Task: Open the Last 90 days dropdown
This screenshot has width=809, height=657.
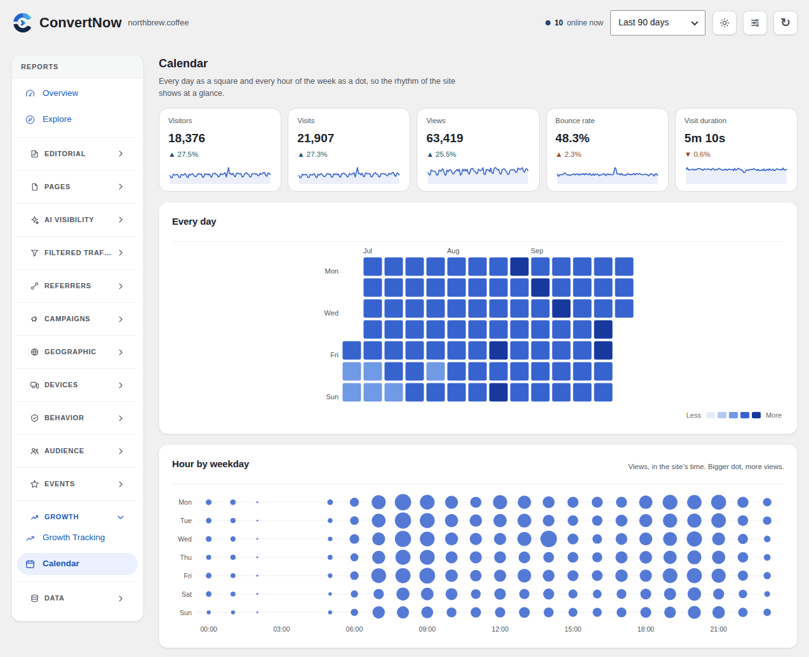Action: [x=657, y=23]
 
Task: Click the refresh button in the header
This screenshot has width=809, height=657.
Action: [x=785, y=23]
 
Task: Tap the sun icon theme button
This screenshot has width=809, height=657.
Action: [x=725, y=23]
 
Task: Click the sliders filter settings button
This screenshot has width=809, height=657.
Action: [x=754, y=23]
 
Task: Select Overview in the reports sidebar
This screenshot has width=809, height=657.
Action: [x=60, y=93]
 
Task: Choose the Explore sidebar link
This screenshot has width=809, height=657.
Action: [x=57, y=119]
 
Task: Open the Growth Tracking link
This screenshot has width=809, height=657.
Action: [x=74, y=538]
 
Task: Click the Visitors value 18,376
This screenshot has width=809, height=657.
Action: [x=187, y=138]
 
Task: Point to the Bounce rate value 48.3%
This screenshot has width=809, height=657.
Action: [x=572, y=138]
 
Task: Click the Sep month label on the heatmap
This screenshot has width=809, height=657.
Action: [x=537, y=251]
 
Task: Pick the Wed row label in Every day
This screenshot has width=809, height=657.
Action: [x=331, y=313]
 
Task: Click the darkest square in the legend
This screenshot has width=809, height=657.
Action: [x=756, y=415]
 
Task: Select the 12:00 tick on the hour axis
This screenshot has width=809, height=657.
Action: [x=500, y=629]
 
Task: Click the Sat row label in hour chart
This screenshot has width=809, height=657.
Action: [x=187, y=594]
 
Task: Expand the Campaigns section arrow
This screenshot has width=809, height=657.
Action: [x=121, y=319]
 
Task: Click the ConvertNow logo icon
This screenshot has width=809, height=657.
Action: [x=22, y=23]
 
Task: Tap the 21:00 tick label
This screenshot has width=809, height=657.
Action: [x=719, y=629]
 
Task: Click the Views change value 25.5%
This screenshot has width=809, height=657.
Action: [x=446, y=154]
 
